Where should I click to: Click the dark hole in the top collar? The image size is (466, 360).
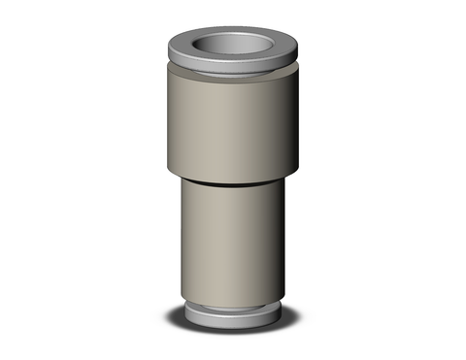coord(232,46)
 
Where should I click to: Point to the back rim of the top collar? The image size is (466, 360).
coord(232,30)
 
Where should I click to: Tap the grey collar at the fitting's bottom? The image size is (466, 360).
coord(232,315)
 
